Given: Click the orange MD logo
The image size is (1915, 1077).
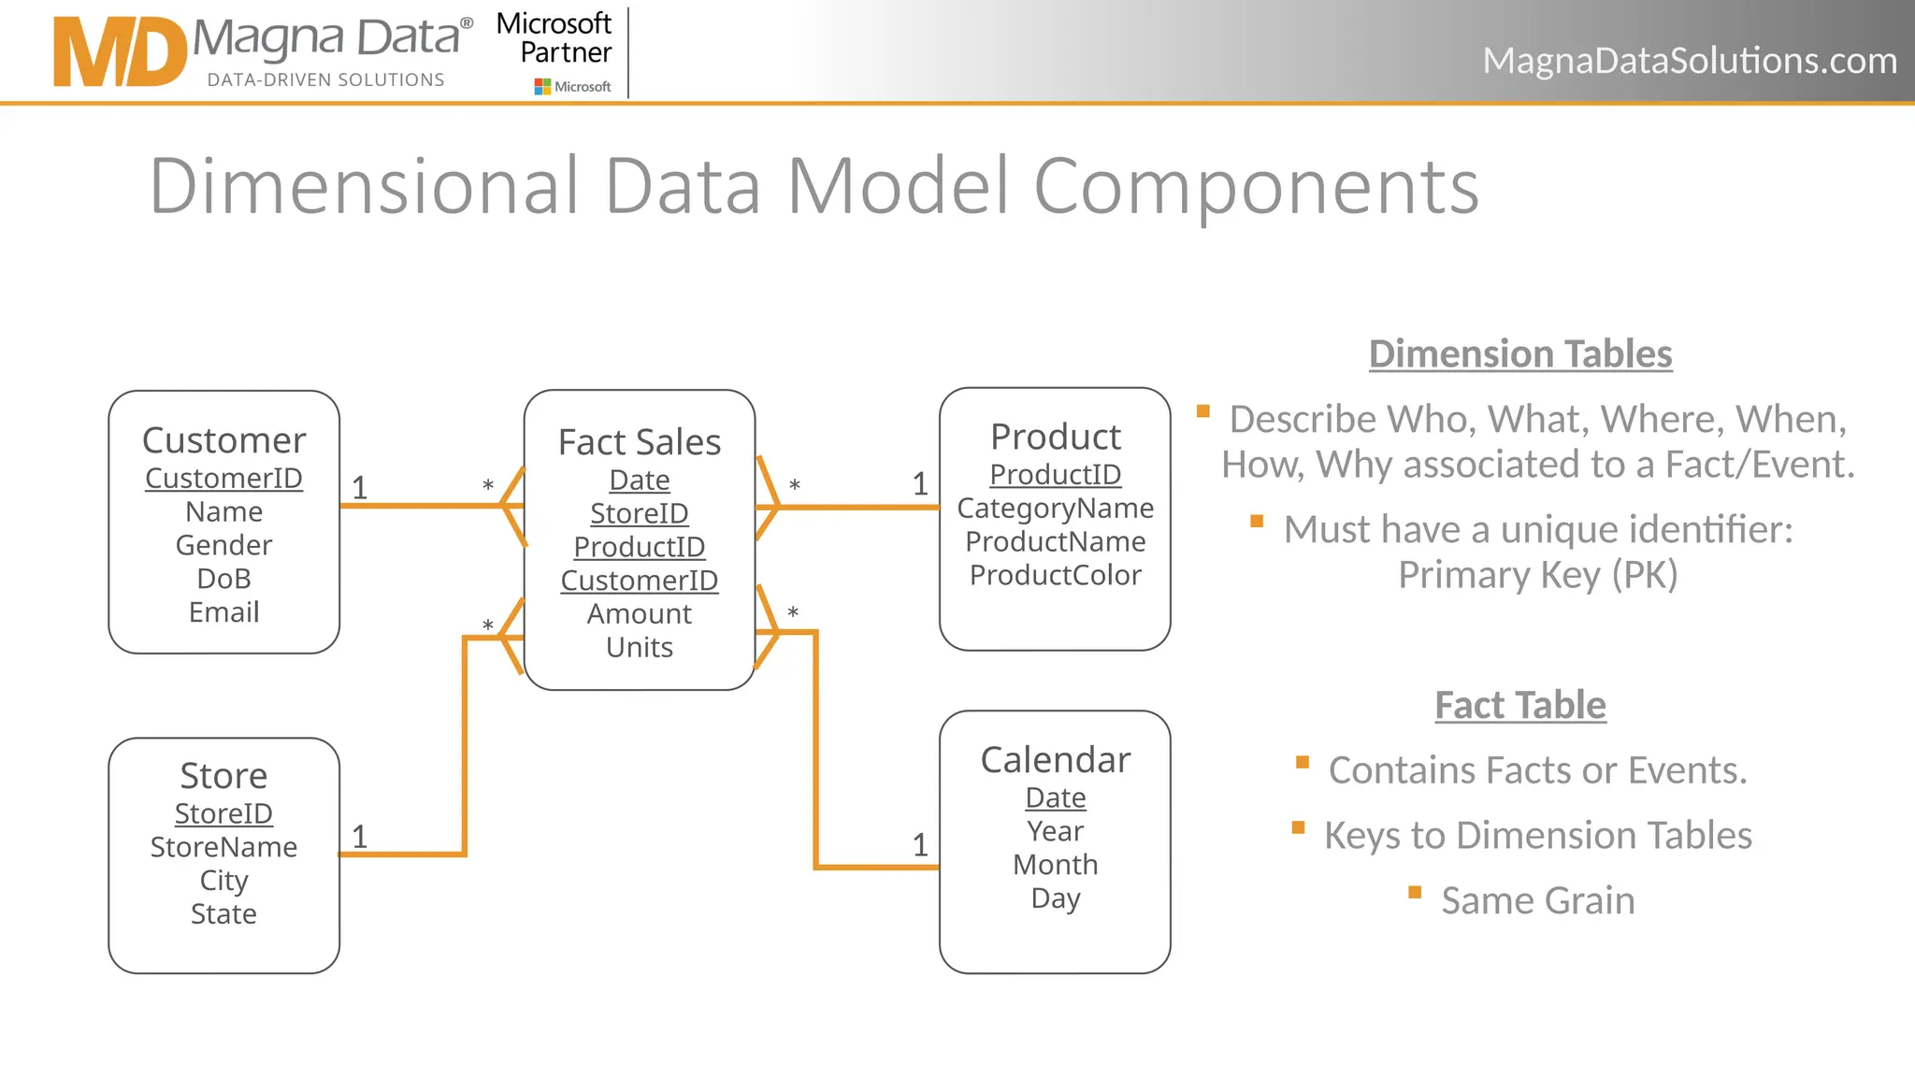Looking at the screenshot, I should (120, 52).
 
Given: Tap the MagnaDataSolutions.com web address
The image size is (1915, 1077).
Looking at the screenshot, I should (1689, 61).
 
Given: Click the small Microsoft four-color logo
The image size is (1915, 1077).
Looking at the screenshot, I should (542, 87).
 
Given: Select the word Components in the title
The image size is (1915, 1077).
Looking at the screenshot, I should (1256, 186).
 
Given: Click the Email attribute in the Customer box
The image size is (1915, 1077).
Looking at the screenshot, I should (223, 612).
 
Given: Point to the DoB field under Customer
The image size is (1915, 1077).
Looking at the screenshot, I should (223, 579).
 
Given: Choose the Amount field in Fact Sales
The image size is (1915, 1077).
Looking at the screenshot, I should (640, 614).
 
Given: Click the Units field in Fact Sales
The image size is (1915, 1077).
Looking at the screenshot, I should (640, 648).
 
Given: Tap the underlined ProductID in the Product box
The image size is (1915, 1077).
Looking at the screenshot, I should (1055, 475).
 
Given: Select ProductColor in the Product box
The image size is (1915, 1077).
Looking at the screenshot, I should (1055, 575).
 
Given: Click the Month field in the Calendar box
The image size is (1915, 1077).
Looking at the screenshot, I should (1055, 865).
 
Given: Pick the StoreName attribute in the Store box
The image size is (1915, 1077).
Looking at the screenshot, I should (223, 847).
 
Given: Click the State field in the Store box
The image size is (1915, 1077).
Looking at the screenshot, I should (223, 914).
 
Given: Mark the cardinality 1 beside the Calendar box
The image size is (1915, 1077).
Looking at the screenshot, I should (920, 845).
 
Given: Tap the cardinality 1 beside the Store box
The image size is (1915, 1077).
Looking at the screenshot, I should (359, 837).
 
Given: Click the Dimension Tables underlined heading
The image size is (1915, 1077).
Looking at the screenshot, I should (1520, 354).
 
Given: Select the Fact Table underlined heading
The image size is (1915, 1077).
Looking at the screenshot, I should (1520, 706).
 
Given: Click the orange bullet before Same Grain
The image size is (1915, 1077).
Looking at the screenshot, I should (1415, 893).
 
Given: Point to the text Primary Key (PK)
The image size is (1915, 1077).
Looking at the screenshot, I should (1537, 575).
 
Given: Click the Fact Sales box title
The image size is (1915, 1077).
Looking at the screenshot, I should (640, 442).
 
